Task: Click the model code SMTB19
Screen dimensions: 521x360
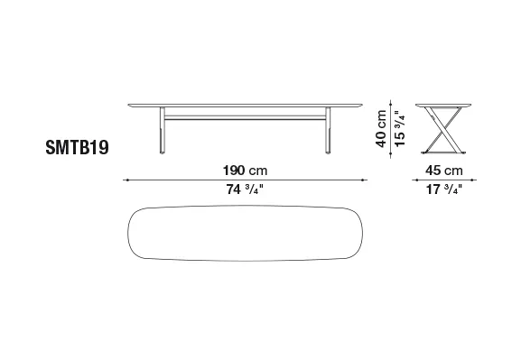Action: pos(77,147)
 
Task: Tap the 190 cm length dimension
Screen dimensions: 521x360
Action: pos(245,171)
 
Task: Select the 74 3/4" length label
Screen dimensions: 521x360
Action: pos(245,189)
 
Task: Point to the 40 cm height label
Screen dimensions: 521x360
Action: pos(381,128)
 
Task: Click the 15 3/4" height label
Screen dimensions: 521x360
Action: pos(400,128)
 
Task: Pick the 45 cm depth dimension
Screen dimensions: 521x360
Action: pos(444,171)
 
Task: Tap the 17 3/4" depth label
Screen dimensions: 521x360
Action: pos(444,189)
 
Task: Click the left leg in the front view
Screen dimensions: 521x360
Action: pos(163,130)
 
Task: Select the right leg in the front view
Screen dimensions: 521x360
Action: pos(328,130)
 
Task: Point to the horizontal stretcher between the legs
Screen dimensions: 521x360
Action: pos(245,117)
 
